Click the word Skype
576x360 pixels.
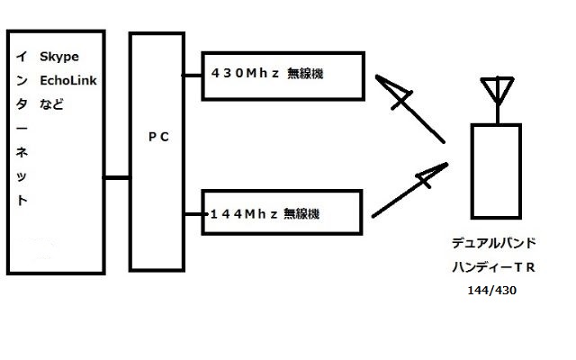(x=58, y=58)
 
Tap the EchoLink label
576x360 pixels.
(x=68, y=80)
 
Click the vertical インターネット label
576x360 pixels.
(x=22, y=127)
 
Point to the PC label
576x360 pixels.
(x=157, y=137)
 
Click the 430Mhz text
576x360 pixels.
(x=241, y=72)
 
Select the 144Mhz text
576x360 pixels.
(x=241, y=213)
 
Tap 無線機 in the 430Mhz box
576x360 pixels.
(x=304, y=72)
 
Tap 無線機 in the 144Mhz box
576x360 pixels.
(x=302, y=213)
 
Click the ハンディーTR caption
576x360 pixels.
(x=493, y=268)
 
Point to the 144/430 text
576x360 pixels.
(x=491, y=291)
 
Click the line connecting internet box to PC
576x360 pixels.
(x=116, y=178)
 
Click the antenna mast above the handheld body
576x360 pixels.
(x=497, y=113)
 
